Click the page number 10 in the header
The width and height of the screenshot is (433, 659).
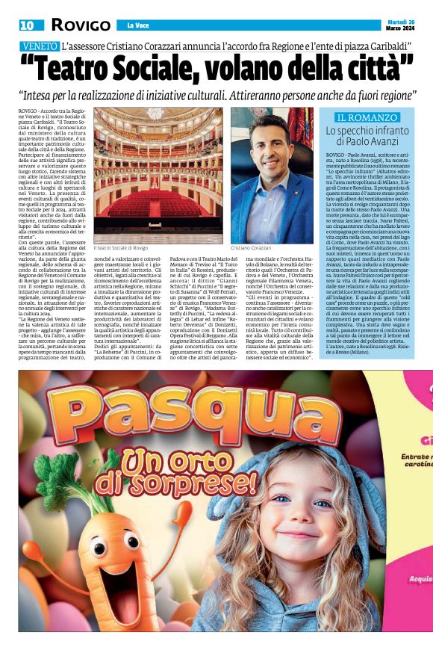(27, 25)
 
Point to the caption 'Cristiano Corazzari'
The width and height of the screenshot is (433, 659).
(272, 247)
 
